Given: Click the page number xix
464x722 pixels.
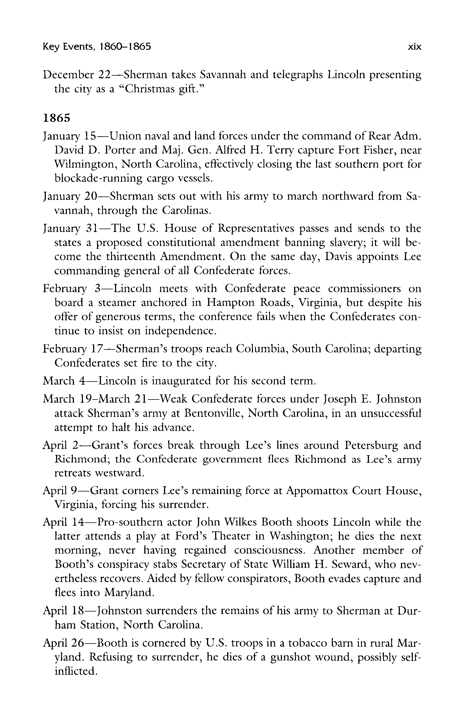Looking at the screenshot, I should pyautogui.click(x=414, y=47).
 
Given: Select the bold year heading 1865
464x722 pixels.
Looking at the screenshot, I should pyautogui.click(x=57, y=118).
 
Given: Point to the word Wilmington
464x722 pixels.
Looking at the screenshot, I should pyautogui.click(x=84, y=164).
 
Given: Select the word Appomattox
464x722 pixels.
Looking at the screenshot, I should pyautogui.click(x=316, y=491).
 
